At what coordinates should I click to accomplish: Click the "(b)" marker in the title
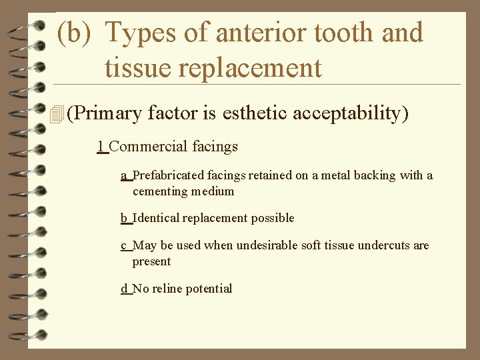pos(75,33)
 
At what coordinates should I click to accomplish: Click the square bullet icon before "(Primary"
pos(57,114)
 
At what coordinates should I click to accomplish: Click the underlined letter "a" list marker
pos(124,175)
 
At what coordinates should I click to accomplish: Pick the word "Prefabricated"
pos(171,175)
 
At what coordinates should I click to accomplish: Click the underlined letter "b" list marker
pos(124,218)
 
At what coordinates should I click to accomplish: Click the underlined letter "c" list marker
pos(124,245)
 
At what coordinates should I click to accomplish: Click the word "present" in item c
pos(151,262)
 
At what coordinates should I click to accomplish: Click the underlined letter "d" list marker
pos(124,289)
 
